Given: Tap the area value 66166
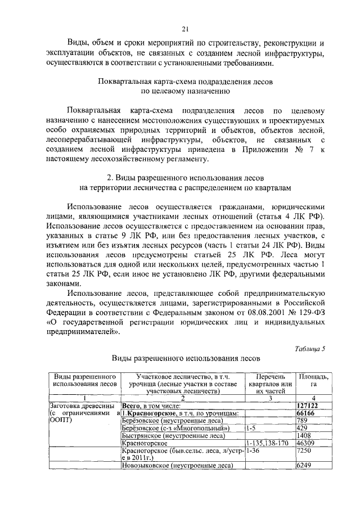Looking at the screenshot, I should tap(305, 413).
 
